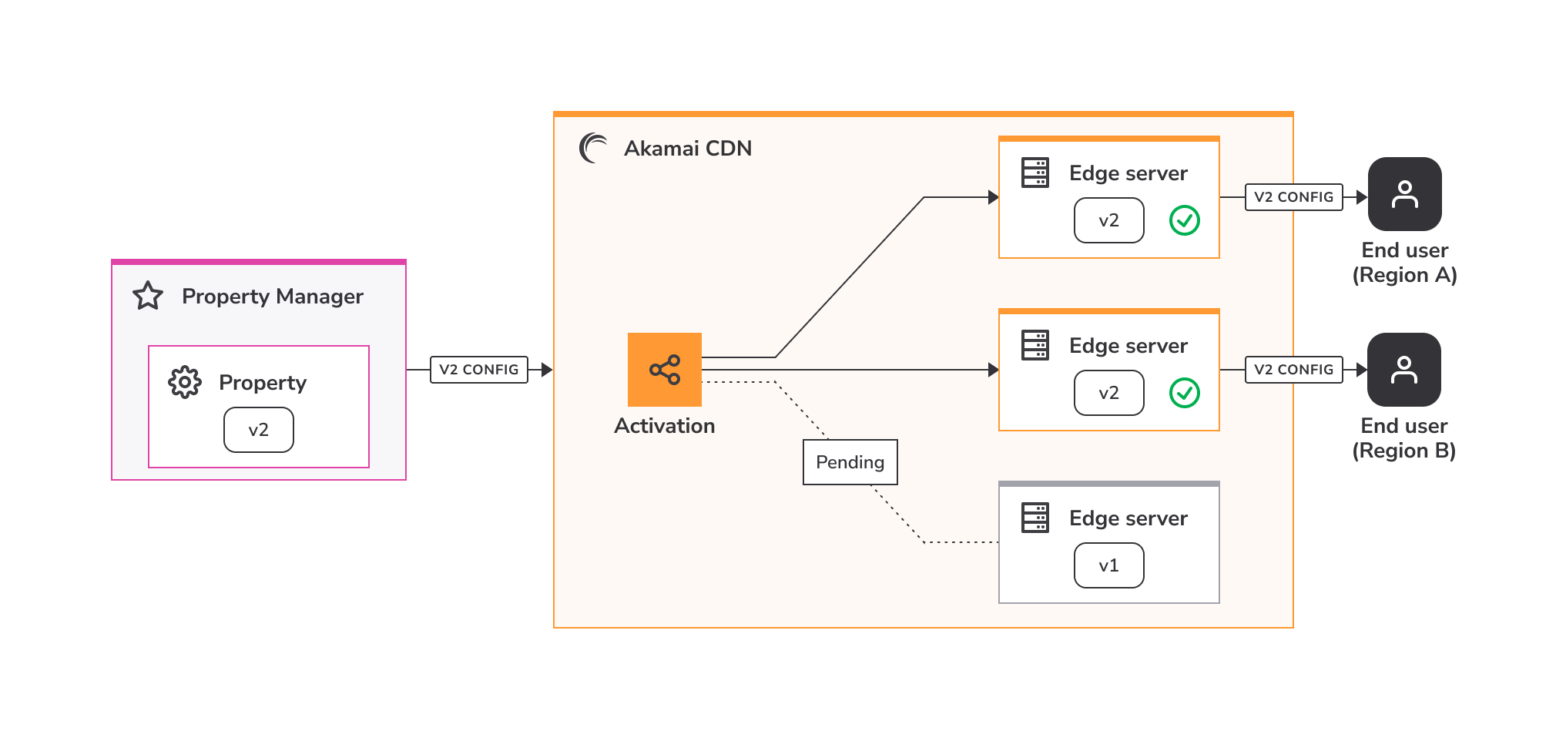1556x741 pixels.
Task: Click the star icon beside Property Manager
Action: click(x=148, y=296)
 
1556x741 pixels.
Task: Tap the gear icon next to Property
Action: click(x=185, y=382)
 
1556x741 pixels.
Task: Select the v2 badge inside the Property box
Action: click(x=259, y=430)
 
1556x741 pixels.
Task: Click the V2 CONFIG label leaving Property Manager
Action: click(x=479, y=370)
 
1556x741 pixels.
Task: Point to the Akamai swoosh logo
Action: click(x=593, y=148)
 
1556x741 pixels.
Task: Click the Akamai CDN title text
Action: click(x=688, y=148)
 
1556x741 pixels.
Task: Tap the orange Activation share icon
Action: click(x=665, y=370)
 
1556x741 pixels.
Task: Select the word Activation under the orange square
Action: click(x=665, y=426)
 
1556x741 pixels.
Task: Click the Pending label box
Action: click(x=850, y=462)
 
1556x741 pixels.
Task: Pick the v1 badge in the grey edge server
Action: click(x=1109, y=565)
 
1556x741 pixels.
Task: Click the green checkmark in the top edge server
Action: click(x=1185, y=220)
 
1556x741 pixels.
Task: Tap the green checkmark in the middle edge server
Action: click(x=1185, y=393)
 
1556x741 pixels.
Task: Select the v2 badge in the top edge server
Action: click(x=1109, y=220)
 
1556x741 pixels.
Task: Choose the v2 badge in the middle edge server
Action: click(x=1109, y=393)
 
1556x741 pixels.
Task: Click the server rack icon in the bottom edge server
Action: click(x=1035, y=518)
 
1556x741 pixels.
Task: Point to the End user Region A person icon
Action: click(x=1405, y=194)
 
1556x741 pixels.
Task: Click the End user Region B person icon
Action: click(x=1404, y=370)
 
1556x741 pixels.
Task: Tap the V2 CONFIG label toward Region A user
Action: click(x=1294, y=197)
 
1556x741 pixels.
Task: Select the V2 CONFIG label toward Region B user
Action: click(x=1294, y=370)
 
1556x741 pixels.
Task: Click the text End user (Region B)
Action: click(x=1404, y=438)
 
